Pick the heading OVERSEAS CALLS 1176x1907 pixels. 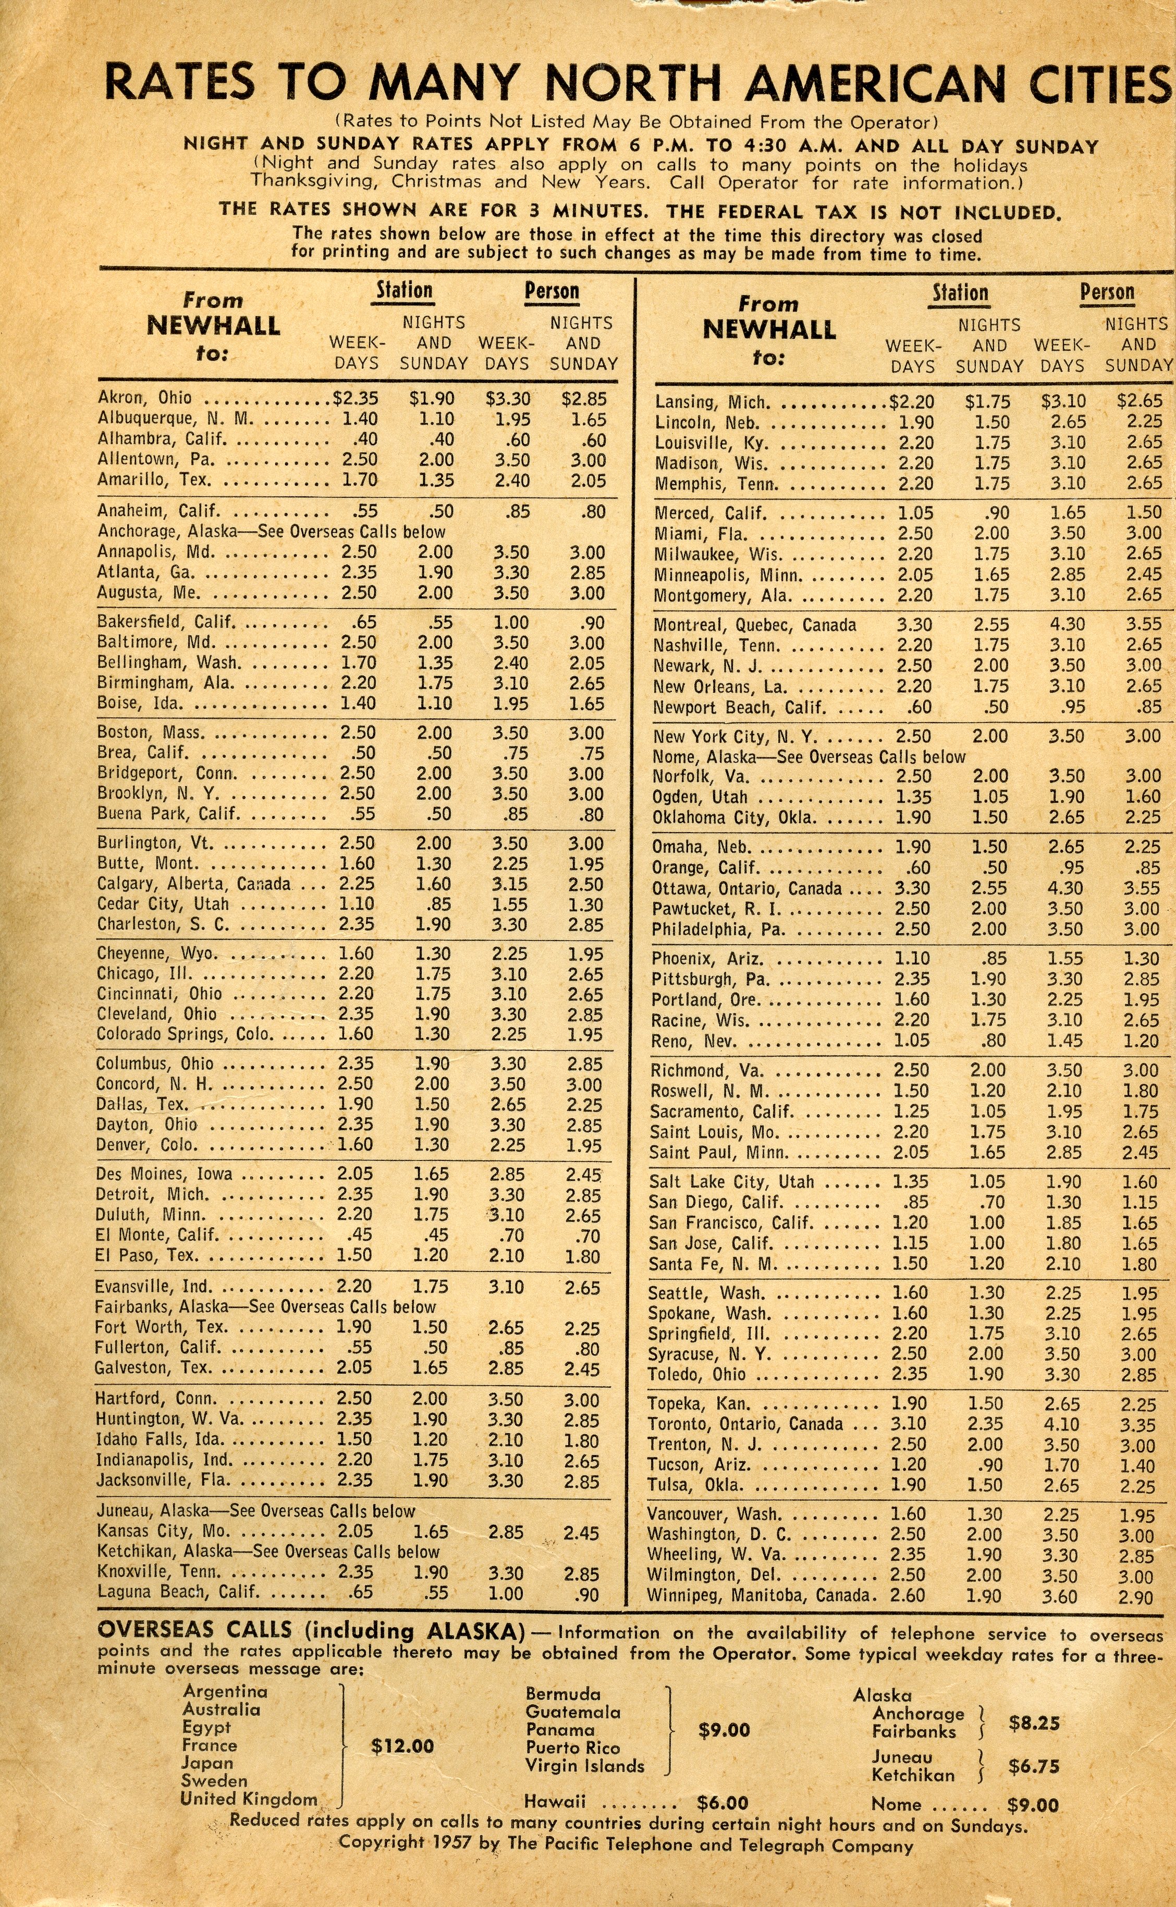194,1630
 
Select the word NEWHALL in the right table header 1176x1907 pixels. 769,330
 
